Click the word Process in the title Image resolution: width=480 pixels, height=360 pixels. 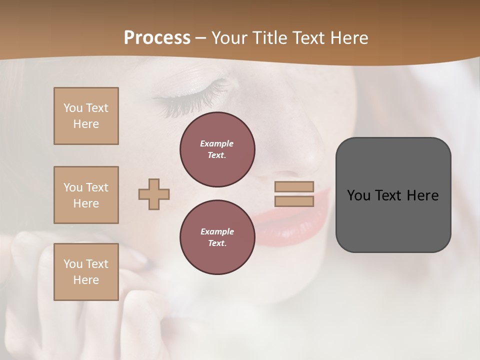pos(157,38)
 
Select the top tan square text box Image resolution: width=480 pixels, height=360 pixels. pos(86,116)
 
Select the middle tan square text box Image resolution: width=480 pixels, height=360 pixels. pos(86,195)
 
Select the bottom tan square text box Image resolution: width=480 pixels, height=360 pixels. pos(86,272)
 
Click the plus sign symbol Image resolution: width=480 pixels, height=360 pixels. pos(154,194)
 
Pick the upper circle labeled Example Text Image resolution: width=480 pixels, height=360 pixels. pos(217,149)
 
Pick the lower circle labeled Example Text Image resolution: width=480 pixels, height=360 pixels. pos(217,237)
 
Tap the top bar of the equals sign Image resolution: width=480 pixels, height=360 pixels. pos(294,186)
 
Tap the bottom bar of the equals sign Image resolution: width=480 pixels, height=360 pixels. pos(294,201)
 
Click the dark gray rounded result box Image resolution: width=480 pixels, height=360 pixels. pos(393,220)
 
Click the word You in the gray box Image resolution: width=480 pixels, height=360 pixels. pos(358,195)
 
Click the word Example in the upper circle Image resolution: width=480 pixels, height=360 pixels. pos(217,143)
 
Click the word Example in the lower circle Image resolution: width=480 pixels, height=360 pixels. pos(217,231)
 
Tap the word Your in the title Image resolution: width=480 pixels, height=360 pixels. pos(230,38)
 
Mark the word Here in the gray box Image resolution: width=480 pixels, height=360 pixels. pos(422,195)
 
